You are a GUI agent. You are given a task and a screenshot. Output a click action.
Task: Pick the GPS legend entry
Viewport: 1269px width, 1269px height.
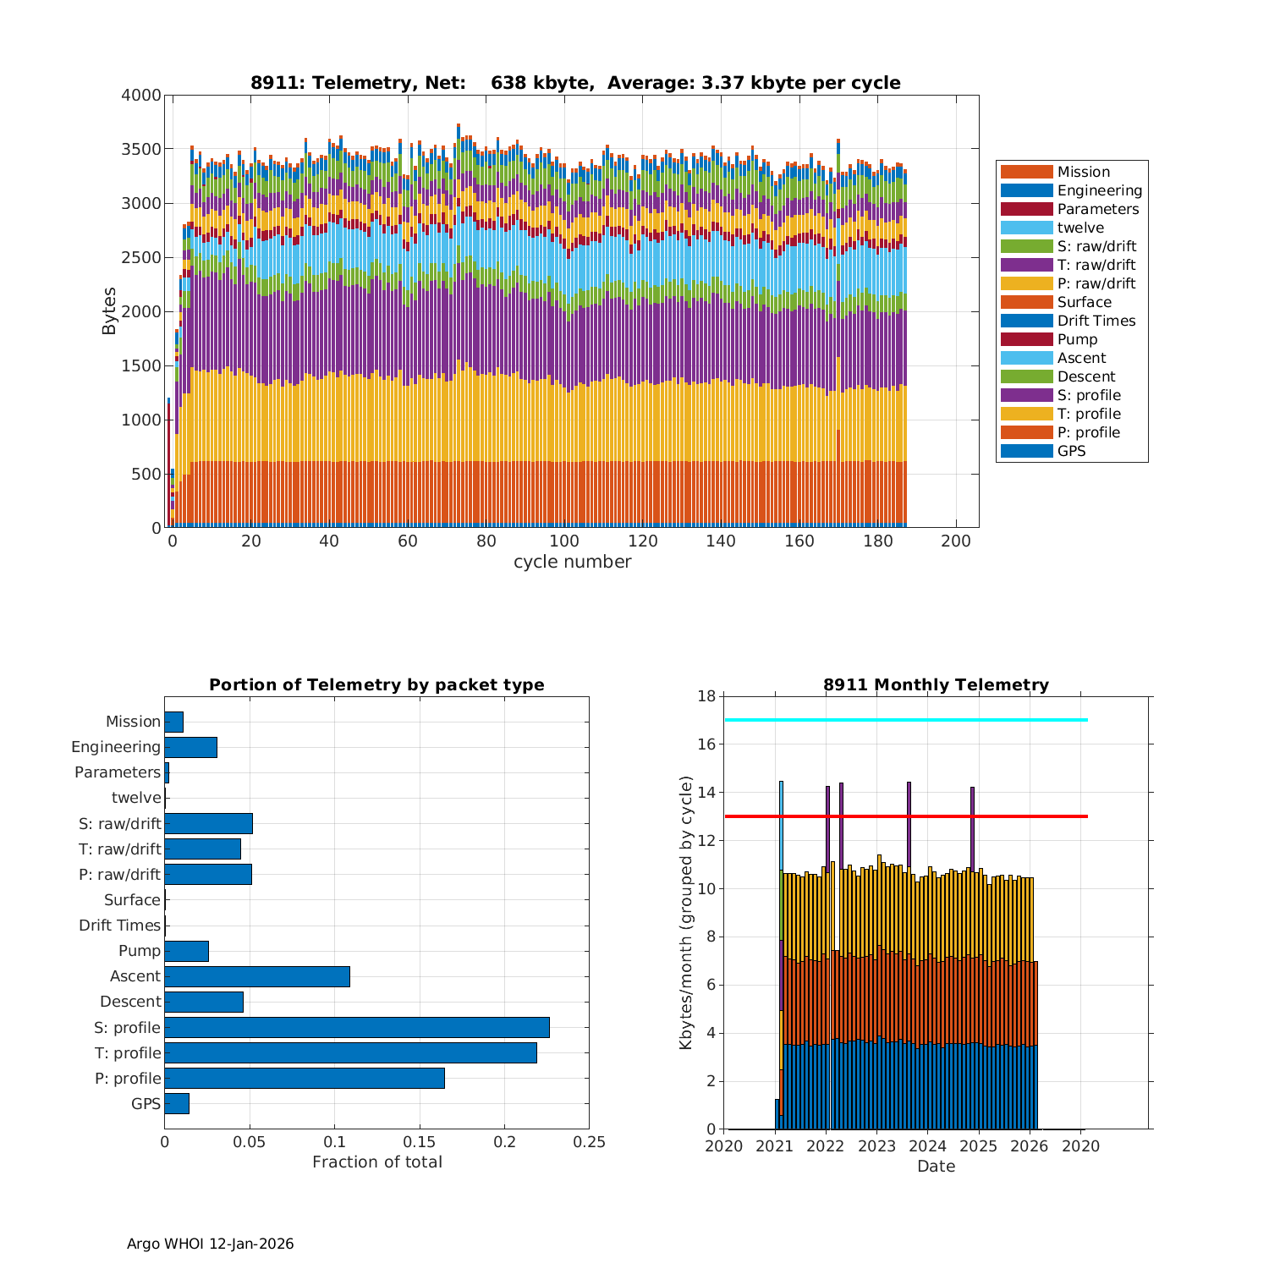point(1071,451)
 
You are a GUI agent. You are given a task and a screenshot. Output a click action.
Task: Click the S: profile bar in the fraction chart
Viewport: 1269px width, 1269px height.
point(356,1027)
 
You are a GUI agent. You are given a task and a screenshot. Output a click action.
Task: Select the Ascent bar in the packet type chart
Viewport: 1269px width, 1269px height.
point(256,976)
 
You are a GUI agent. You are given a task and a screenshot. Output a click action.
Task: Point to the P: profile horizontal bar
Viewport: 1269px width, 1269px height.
point(304,1078)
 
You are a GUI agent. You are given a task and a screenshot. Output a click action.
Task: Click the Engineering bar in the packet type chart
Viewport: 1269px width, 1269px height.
point(190,747)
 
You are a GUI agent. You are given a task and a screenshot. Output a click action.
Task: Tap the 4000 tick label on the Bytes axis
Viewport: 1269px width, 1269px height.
point(141,96)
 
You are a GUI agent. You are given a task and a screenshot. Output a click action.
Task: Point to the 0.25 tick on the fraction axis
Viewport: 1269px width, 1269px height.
point(589,1142)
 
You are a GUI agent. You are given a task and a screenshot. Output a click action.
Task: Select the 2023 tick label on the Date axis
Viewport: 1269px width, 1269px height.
point(876,1146)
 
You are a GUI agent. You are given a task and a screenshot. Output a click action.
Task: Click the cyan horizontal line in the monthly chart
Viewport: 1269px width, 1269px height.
point(905,720)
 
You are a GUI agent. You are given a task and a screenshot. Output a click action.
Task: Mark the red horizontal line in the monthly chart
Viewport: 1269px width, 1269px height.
point(905,816)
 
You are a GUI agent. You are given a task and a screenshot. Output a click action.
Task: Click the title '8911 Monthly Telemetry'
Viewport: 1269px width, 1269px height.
point(936,684)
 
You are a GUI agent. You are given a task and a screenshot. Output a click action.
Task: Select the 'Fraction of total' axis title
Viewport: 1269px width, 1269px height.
point(376,1162)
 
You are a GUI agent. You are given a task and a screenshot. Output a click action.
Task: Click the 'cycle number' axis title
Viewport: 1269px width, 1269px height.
point(572,562)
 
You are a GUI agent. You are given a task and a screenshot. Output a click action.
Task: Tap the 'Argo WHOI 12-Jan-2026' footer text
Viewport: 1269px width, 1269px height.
point(210,1244)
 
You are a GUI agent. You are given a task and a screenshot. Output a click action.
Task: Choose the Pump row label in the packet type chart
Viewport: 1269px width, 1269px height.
point(140,951)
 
